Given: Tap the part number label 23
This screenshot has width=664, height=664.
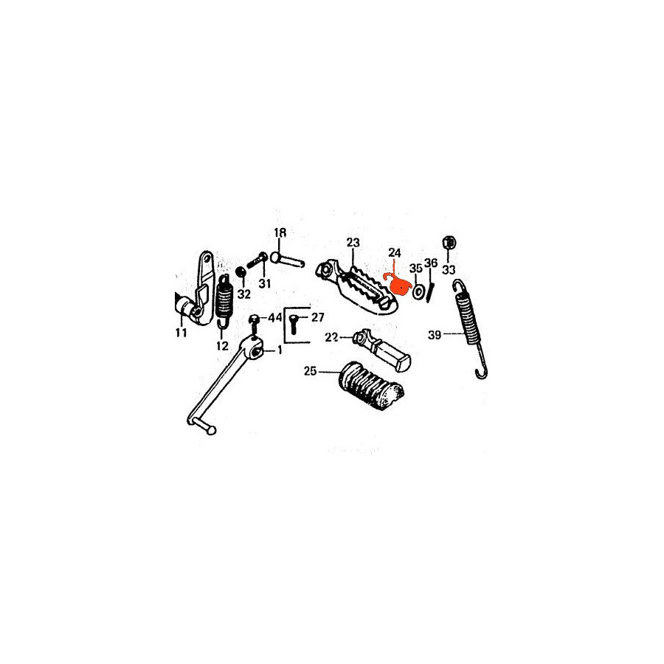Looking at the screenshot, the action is pyautogui.click(x=353, y=243).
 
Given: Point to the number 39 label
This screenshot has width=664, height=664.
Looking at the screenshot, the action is pyautogui.click(x=435, y=335).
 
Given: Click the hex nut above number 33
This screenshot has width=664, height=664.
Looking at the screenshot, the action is pyautogui.click(x=449, y=243).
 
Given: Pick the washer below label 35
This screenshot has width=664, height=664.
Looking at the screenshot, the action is pyautogui.click(x=418, y=291).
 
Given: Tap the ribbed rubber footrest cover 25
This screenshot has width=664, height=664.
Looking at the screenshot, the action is pyautogui.click(x=371, y=385).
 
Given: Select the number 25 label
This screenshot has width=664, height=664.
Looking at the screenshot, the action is pyautogui.click(x=310, y=371).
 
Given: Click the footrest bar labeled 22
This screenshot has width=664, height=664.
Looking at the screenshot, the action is pyautogui.click(x=382, y=350).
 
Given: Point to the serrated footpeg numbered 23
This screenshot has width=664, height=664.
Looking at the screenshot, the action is pyautogui.click(x=356, y=288).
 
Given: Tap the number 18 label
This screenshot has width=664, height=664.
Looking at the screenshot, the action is pyautogui.click(x=280, y=232).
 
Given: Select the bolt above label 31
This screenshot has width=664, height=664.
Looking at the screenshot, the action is pyautogui.click(x=257, y=259).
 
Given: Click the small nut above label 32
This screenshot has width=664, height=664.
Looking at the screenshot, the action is pyautogui.click(x=241, y=272).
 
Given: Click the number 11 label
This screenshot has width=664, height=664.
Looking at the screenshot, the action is pyautogui.click(x=181, y=333).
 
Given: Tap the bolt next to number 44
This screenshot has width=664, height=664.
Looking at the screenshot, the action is pyautogui.click(x=254, y=325).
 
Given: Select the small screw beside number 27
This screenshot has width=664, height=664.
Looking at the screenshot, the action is pyautogui.click(x=294, y=324).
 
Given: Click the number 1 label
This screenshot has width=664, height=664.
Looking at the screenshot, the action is pyautogui.click(x=280, y=350).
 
